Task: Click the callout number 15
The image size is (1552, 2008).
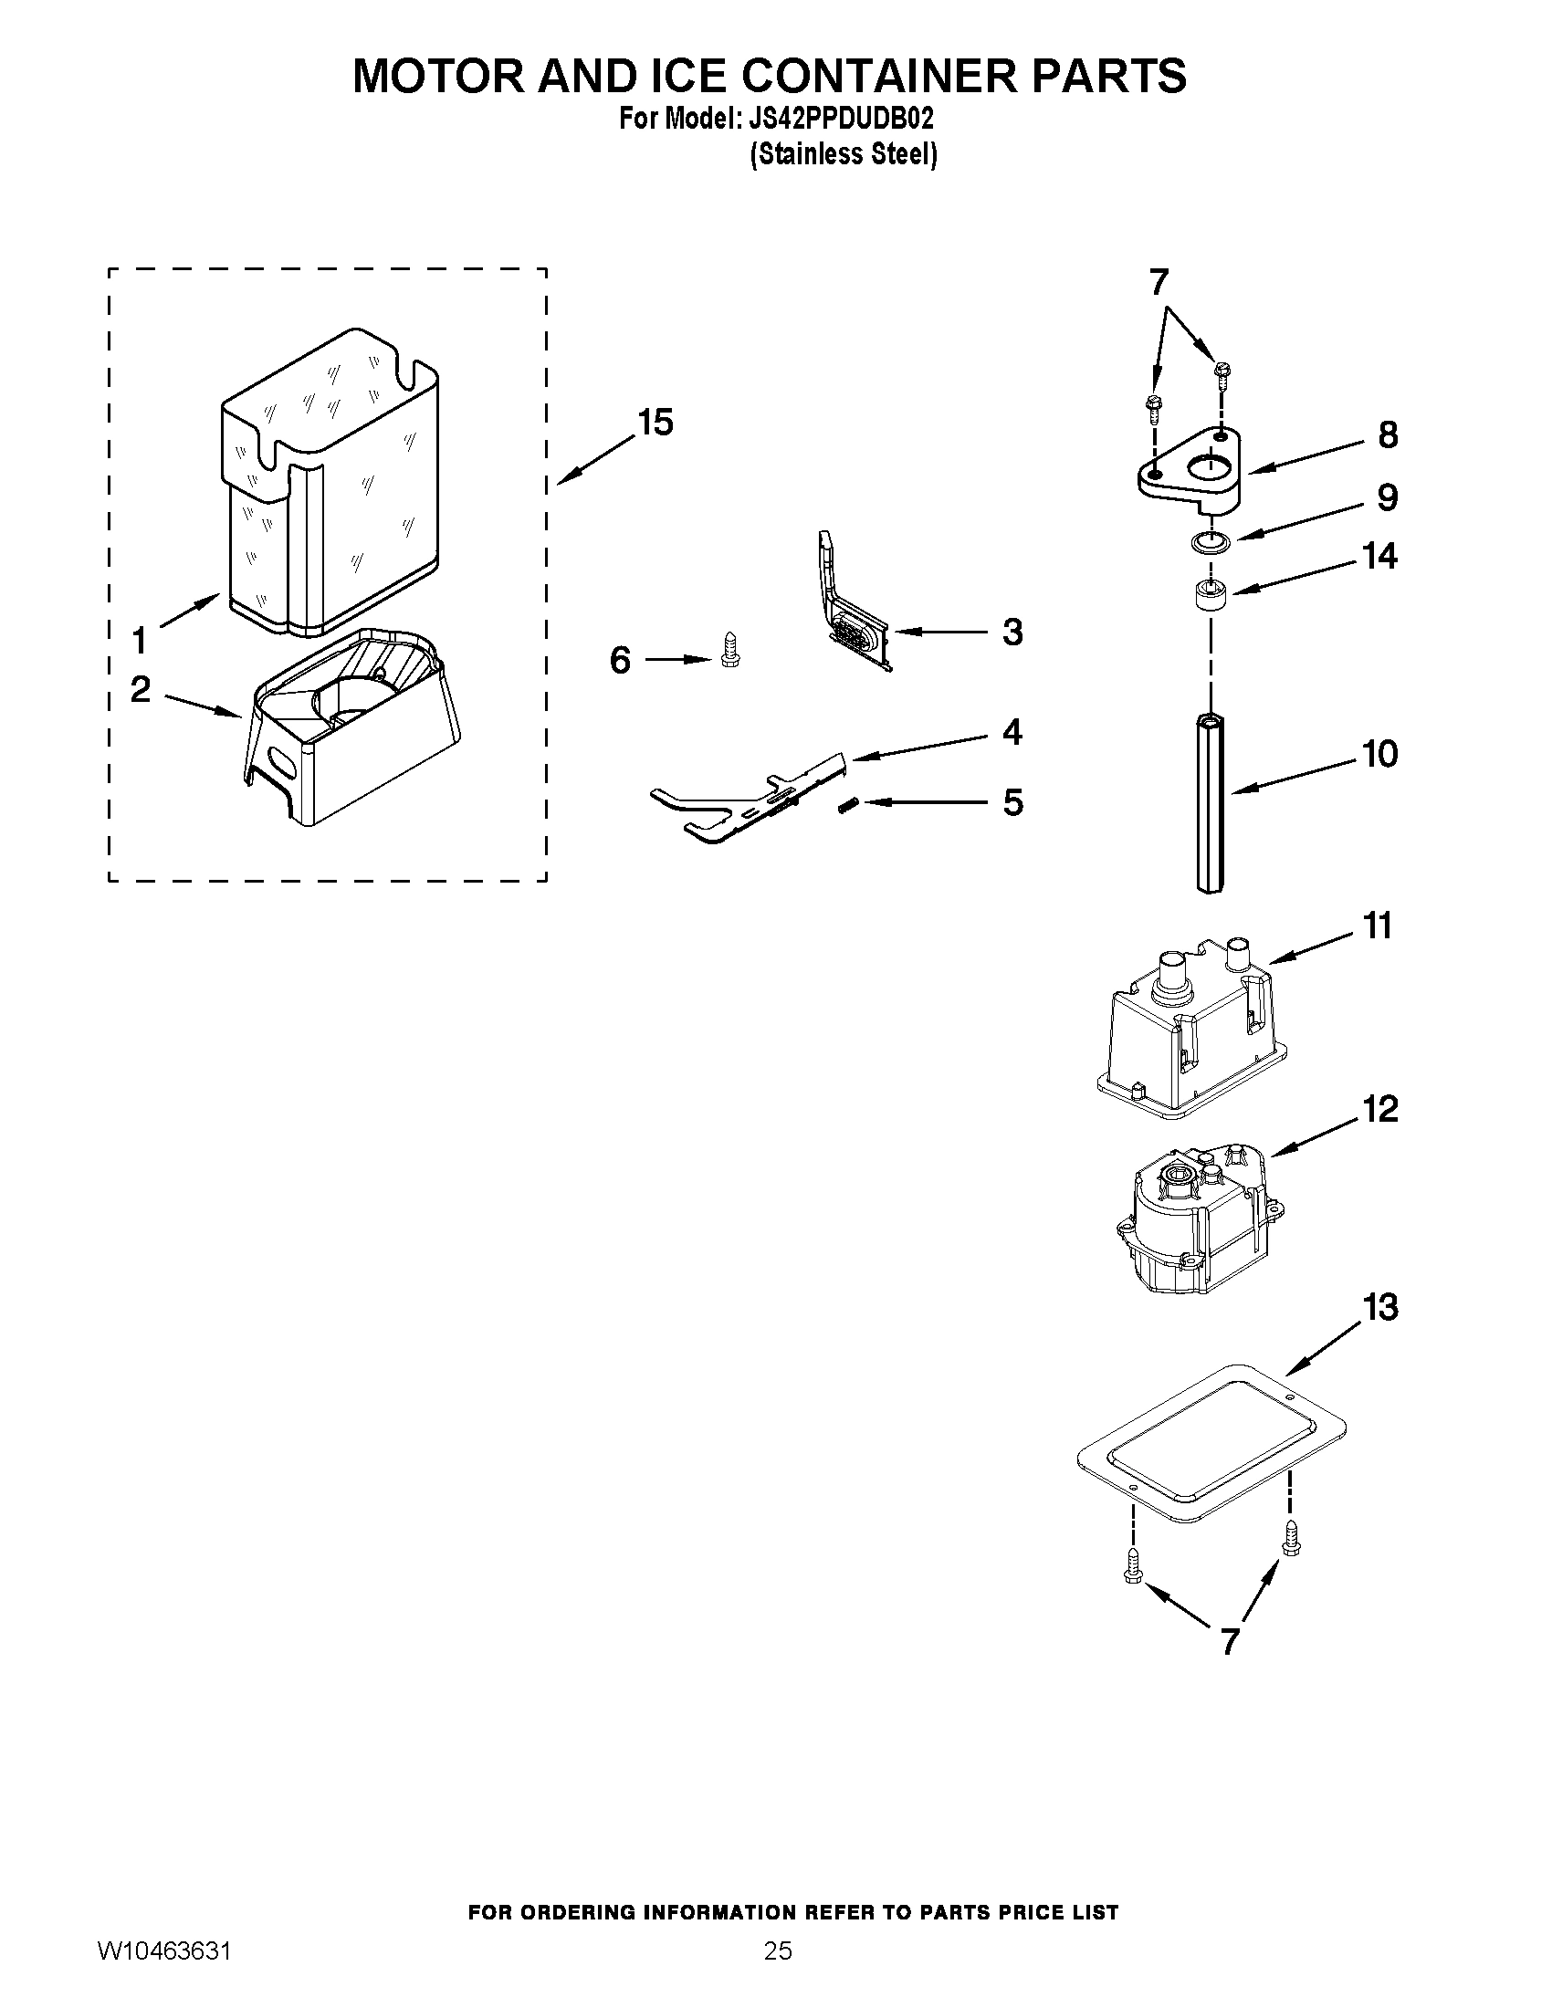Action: pyautogui.click(x=655, y=423)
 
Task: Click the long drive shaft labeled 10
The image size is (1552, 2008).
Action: pyautogui.click(x=1211, y=800)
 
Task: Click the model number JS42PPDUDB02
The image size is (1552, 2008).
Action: pyautogui.click(x=842, y=120)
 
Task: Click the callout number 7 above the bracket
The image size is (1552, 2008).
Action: pyautogui.click(x=1159, y=281)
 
